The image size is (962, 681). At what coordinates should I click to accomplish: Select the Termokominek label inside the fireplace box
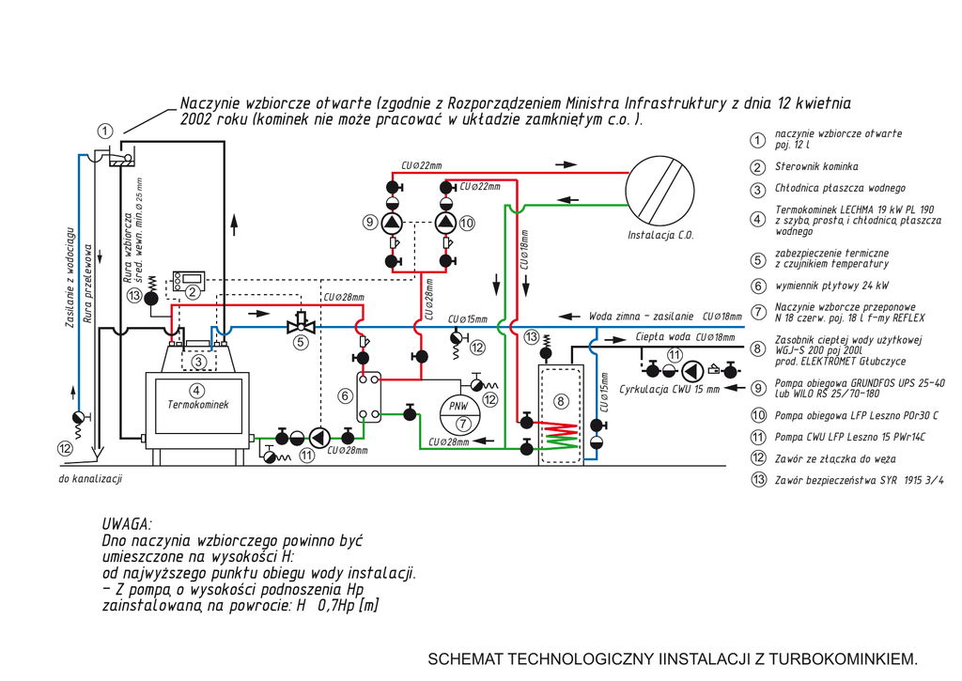click(x=197, y=405)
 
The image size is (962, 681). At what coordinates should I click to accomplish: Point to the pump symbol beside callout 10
click(x=447, y=223)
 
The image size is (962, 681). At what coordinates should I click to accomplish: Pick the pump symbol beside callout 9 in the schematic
click(x=392, y=223)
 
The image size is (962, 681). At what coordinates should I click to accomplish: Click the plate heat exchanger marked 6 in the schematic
click(x=368, y=396)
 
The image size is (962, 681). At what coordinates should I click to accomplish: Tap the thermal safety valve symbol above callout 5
click(x=301, y=324)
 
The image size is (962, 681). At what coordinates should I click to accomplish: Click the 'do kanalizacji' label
click(x=90, y=479)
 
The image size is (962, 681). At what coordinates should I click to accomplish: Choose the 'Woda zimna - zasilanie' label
click(x=641, y=317)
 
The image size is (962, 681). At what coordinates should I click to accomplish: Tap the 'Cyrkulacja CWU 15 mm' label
click(x=669, y=388)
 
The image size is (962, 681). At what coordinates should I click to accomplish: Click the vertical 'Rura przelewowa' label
click(x=87, y=286)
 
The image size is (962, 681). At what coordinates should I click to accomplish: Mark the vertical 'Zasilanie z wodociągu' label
click(x=70, y=276)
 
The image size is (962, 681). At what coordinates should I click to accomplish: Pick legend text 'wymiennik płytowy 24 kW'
click(x=831, y=286)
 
